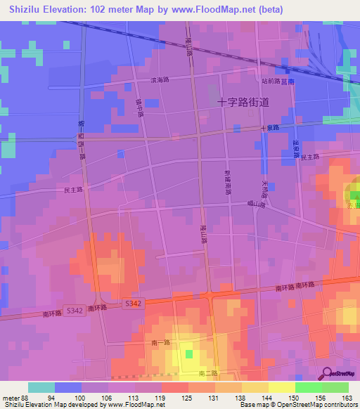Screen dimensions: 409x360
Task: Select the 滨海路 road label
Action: pos(160,81)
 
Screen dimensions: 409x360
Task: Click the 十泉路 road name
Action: pos(270,128)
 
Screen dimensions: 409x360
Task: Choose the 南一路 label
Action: pos(160,340)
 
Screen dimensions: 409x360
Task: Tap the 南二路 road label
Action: pos(208,372)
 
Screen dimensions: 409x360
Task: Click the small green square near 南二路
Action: pos(188,353)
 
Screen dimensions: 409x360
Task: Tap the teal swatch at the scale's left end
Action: pos(41,387)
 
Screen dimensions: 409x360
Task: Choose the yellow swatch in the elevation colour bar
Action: pos(281,387)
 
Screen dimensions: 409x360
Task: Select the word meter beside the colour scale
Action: pos(10,397)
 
